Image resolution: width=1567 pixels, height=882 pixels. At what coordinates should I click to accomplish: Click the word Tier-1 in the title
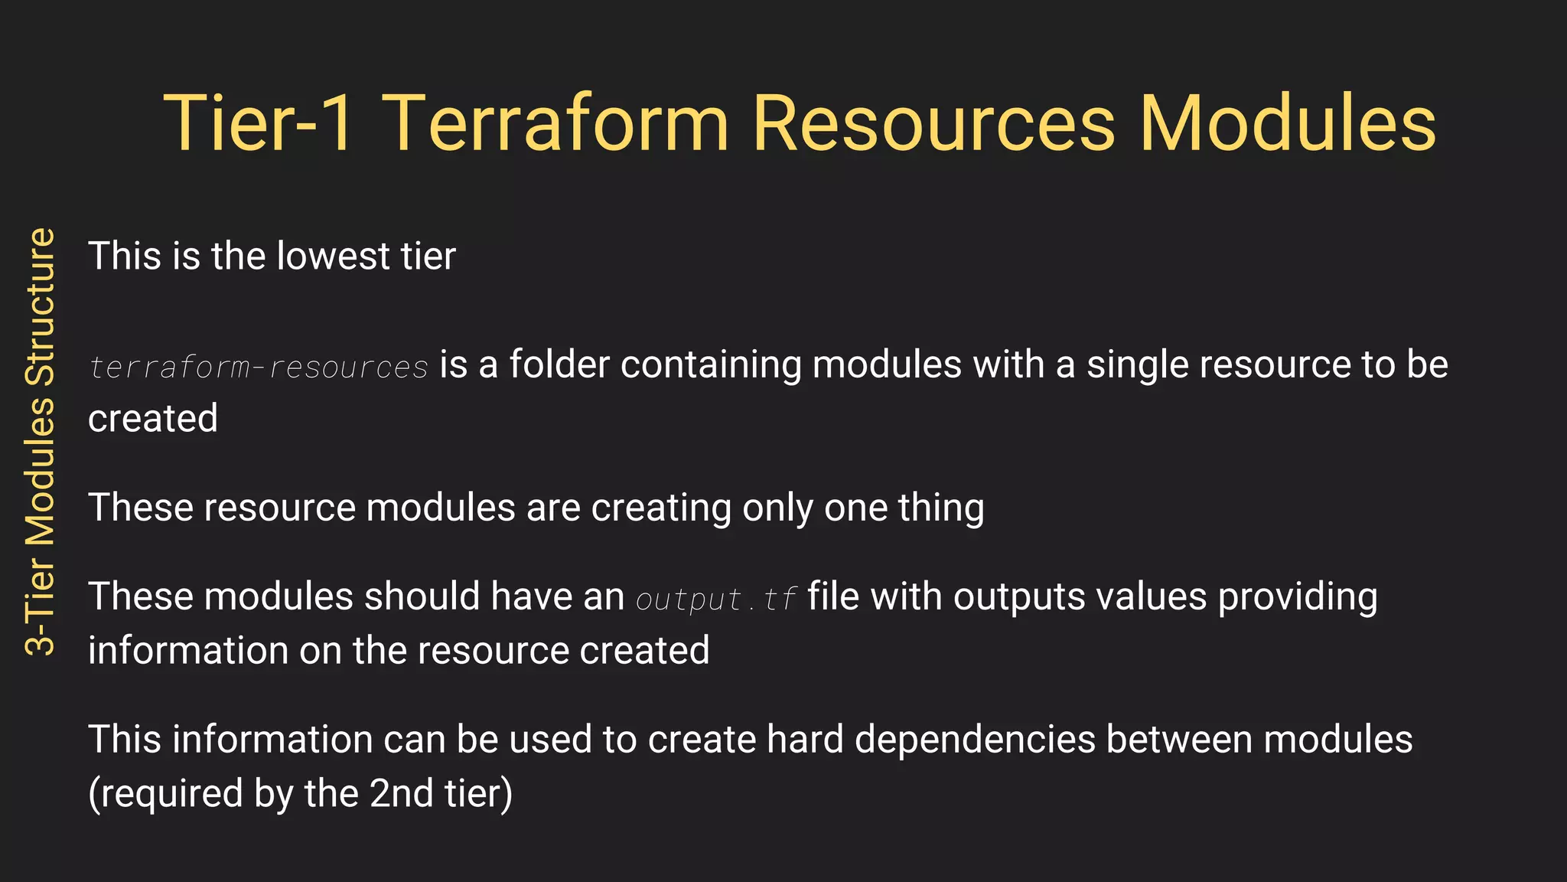tap(259, 124)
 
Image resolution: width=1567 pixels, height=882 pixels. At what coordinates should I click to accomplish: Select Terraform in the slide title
tap(555, 124)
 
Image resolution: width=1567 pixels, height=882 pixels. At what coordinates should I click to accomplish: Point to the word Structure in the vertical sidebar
tap(41, 306)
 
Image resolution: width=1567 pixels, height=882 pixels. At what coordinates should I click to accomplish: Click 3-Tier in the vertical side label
tap(41, 602)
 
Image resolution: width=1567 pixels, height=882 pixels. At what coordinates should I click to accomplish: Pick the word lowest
tap(334, 256)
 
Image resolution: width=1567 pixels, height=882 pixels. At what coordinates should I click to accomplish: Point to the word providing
tap(1298, 597)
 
